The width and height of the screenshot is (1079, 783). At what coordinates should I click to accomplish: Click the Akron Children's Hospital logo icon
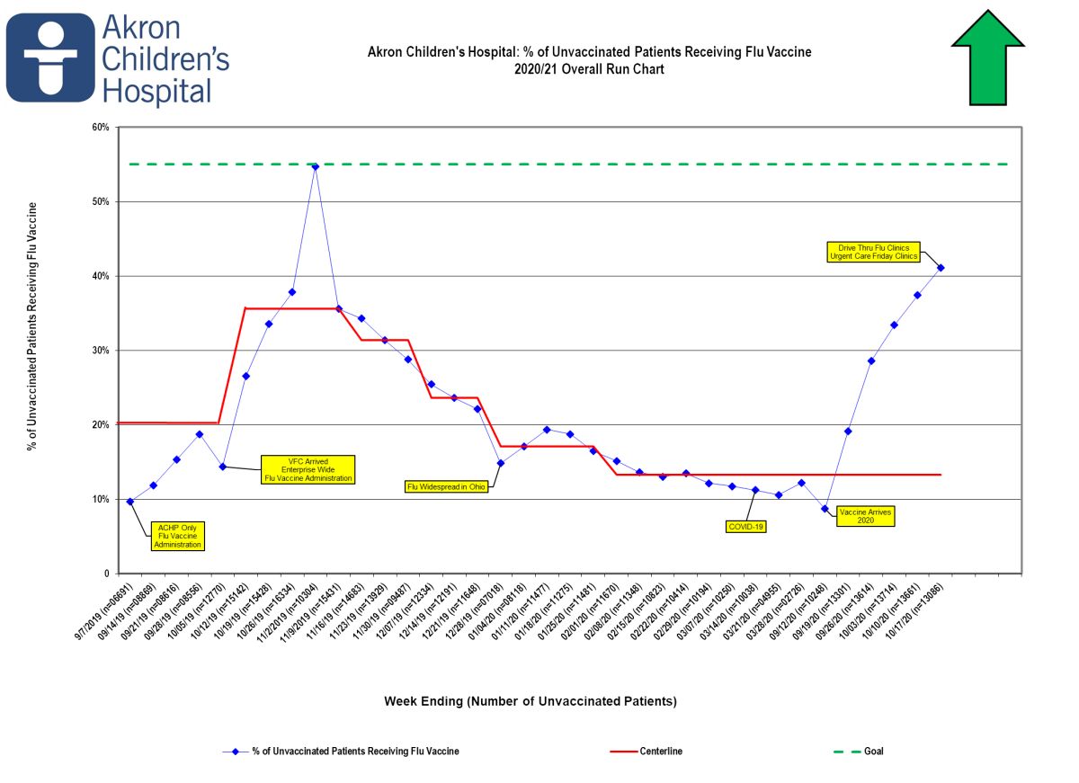[x=50, y=58]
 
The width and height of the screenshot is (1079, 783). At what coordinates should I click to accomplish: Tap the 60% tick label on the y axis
[x=101, y=128]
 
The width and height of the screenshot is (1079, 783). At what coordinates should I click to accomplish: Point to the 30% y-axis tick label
[x=101, y=351]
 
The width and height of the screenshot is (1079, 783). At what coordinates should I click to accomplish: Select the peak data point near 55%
[x=315, y=166]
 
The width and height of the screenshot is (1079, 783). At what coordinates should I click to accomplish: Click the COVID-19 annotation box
[x=746, y=527]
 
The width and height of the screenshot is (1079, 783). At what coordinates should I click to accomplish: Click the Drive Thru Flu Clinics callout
[x=873, y=252]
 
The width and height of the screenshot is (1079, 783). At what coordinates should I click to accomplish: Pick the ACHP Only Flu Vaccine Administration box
[x=177, y=536]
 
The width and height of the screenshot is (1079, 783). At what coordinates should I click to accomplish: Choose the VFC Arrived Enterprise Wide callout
[x=308, y=469]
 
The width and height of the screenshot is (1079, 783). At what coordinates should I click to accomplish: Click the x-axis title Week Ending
[x=530, y=700]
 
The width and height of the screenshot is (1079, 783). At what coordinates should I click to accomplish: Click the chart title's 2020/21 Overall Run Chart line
[x=589, y=69]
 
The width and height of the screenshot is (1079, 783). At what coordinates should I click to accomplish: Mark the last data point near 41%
[x=941, y=267]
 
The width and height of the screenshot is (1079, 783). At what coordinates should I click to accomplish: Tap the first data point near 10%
[x=130, y=502]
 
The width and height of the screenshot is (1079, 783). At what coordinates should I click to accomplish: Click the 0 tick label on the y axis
[x=105, y=574]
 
